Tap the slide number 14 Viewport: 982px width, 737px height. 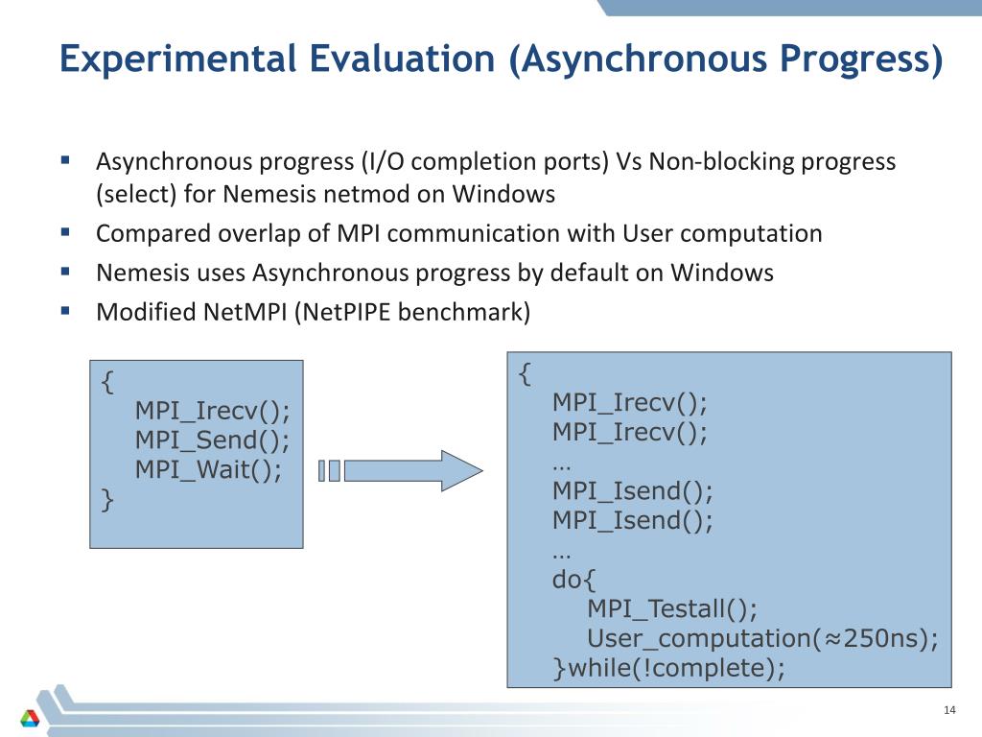click(x=950, y=710)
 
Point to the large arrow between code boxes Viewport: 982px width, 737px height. click(x=412, y=470)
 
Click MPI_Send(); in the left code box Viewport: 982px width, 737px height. click(x=212, y=440)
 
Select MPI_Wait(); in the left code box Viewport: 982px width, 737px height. click(x=208, y=470)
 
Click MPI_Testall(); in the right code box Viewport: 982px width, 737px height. click(x=671, y=609)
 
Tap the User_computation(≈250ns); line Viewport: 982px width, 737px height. click(x=762, y=639)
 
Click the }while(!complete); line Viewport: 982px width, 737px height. click(x=668, y=669)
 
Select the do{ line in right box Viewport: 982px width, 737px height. click(x=573, y=580)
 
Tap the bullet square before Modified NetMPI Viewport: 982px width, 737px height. click(x=65, y=311)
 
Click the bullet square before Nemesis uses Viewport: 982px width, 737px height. click(x=65, y=272)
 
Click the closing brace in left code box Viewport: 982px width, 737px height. click(x=107, y=500)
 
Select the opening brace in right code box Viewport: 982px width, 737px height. click(x=525, y=372)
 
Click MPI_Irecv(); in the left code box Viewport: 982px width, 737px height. click(x=212, y=411)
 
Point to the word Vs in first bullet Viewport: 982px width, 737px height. click(x=629, y=161)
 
